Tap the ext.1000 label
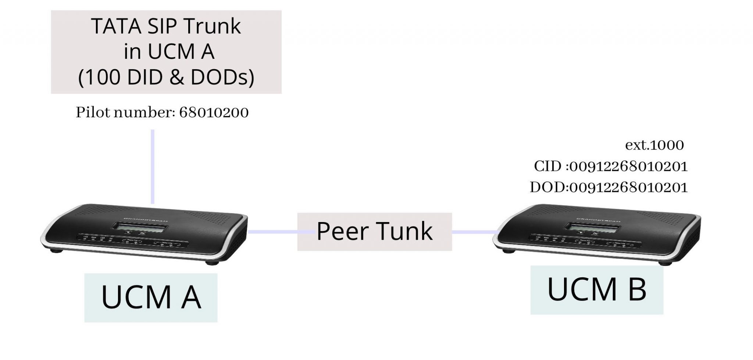pyautogui.click(x=654, y=145)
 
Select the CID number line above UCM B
pyautogui.click(x=610, y=167)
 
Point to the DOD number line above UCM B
pyautogui.click(x=609, y=188)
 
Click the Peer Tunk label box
pyautogui.click(x=374, y=232)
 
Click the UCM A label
pyautogui.click(x=151, y=297)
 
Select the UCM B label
pyautogui.click(x=596, y=290)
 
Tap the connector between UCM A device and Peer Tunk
pyautogui.click(x=272, y=232)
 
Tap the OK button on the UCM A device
pyautogui.click(x=142, y=233)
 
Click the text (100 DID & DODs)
pyautogui.click(x=166, y=78)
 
